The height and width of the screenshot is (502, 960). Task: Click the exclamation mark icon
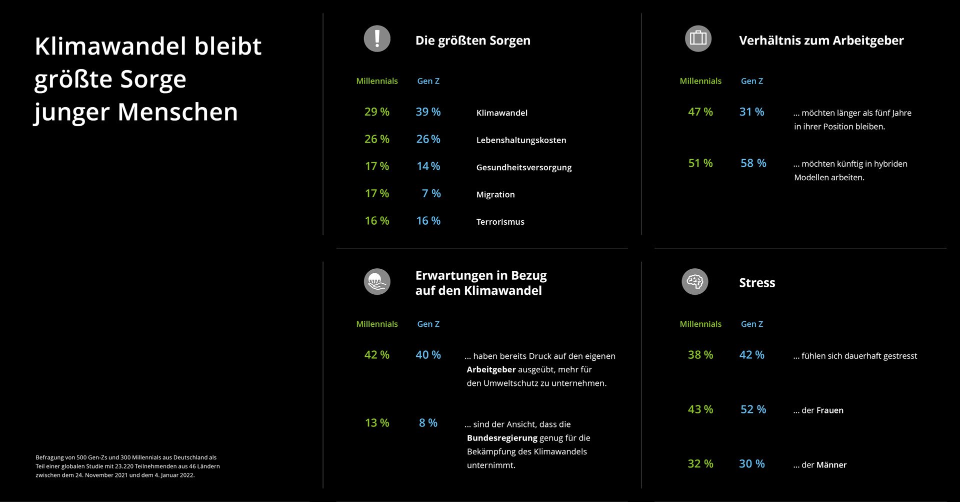[x=377, y=39]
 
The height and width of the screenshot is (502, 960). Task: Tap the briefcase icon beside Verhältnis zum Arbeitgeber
[x=698, y=39]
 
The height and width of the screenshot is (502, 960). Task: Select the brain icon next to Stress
[x=695, y=282]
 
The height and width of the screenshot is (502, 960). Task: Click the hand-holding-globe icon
[x=377, y=282]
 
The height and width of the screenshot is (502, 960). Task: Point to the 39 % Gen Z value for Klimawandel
[x=428, y=112]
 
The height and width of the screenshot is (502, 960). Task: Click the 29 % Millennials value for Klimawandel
[x=377, y=112]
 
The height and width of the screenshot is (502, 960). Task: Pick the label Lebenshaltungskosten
[x=521, y=140]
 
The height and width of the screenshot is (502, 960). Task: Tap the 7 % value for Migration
[x=431, y=193]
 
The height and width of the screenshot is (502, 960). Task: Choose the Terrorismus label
[x=500, y=222]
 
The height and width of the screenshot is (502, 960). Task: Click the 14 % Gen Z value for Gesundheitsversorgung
[x=428, y=166]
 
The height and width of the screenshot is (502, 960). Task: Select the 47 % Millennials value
[x=700, y=112]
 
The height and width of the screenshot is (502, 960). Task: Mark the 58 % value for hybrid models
[x=753, y=163]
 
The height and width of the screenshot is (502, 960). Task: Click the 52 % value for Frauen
[x=753, y=409]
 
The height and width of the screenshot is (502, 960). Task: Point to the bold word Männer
[x=831, y=465]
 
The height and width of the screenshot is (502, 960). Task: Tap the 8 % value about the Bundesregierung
[x=428, y=423]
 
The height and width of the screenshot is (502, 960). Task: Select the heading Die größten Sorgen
[x=472, y=41]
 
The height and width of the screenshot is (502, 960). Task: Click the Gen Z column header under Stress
[x=752, y=324]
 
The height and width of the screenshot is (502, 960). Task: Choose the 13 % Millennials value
[x=377, y=423]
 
